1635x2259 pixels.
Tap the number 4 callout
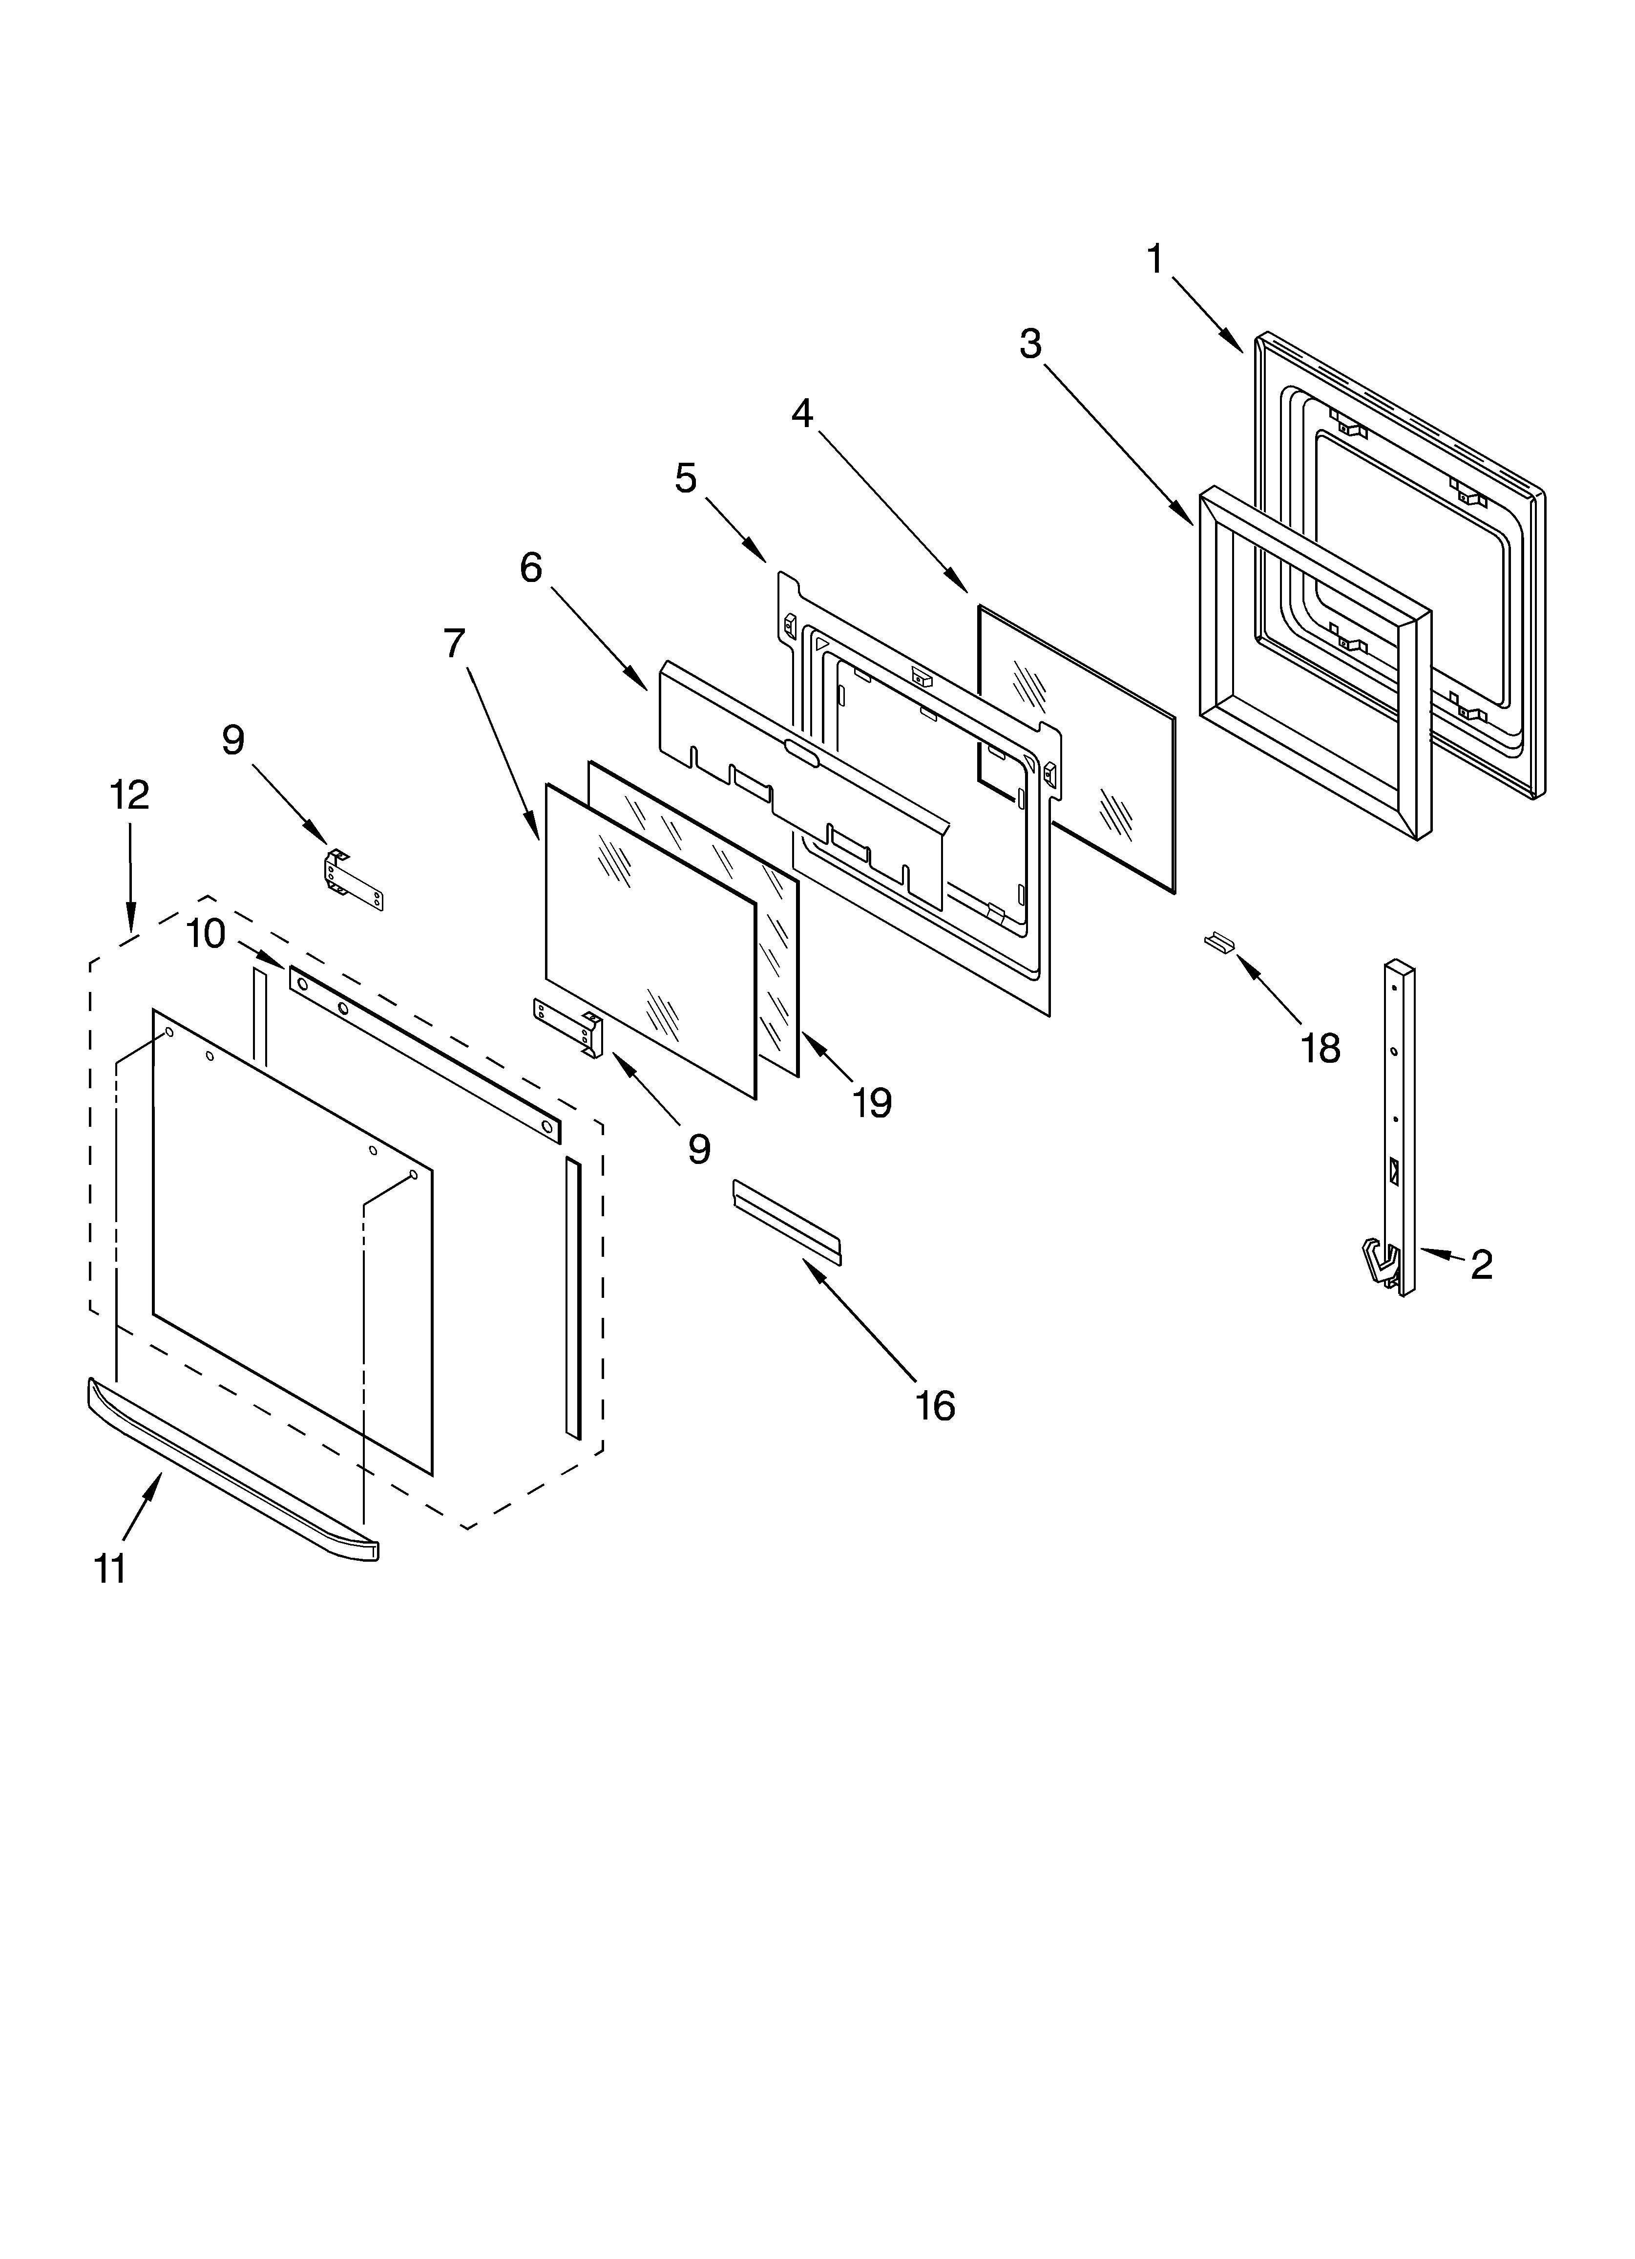coord(802,412)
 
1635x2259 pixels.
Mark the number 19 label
coord(872,1102)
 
